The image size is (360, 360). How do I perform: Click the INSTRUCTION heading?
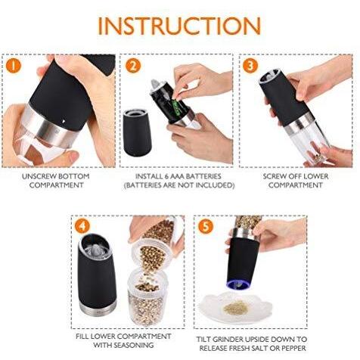[179, 26]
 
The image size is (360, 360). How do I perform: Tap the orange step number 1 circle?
[13, 66]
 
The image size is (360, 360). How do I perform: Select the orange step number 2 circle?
[132, 66]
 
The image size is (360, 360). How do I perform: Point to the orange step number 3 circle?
[250, 66]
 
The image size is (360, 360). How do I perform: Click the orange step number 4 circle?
[82, 226]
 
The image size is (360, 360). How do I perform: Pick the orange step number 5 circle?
[206, 226]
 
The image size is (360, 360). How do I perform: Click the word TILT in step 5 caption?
[203, 339]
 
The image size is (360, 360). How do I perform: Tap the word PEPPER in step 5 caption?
[293, 348]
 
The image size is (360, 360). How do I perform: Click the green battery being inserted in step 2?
[175, 107]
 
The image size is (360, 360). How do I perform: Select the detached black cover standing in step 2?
[136, 134]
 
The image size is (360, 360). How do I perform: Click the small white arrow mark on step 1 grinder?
[63, 121]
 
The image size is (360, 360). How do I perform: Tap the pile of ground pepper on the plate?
[235, 308]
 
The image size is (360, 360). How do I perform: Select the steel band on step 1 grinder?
[51, 128]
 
